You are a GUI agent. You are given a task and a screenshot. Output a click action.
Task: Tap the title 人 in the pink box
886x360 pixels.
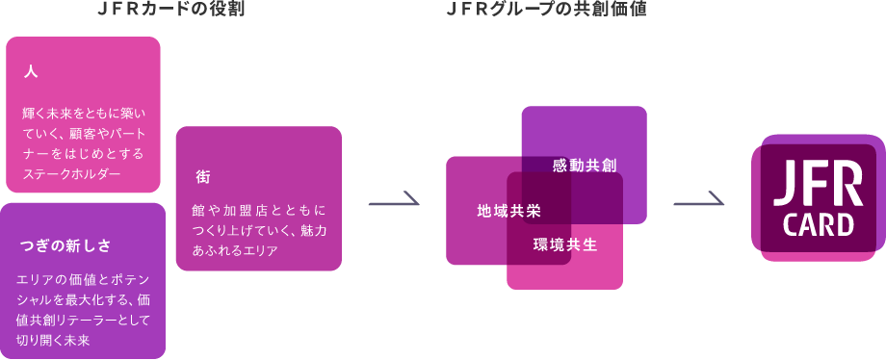[x=30, y=72]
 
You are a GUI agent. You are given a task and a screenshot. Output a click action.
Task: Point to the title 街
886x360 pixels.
[x=202, y=176]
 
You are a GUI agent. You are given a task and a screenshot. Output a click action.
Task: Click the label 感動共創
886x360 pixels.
[x=584, y=165]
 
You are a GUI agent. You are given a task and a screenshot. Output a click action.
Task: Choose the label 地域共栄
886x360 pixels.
[x=509, y=210]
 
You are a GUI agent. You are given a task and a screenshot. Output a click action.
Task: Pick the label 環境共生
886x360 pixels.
[x=565, y=244]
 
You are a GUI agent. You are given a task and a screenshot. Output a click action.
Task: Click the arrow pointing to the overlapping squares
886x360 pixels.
[x=395, y=201]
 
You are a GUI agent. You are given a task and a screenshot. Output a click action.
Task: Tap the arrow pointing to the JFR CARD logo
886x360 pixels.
[x=699, y=201]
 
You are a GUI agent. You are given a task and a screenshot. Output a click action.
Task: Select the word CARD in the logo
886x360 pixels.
[x=819, y=226]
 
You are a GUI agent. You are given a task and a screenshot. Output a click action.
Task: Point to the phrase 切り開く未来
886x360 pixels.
[x=54, y=340]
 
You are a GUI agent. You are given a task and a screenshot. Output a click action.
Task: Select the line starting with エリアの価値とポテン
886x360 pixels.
[x=84, y=278]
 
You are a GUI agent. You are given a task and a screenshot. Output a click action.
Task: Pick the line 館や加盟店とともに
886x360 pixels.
[x=259, y=209]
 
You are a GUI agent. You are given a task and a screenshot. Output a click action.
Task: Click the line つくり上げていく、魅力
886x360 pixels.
[x=259, y=230]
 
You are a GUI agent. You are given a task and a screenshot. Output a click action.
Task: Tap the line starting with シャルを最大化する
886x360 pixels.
[x=84, y=298]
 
